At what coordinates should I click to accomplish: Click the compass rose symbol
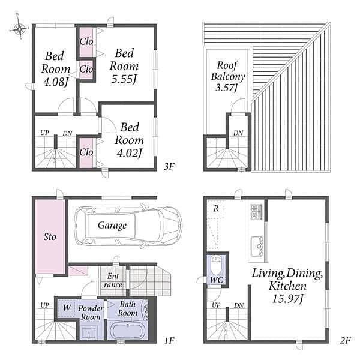(x=19, y=28)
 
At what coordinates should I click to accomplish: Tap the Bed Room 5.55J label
(x=124, y=66)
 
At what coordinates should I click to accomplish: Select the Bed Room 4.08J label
(x=56, y=69)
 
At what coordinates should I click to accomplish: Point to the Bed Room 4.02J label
(x=130, y=140)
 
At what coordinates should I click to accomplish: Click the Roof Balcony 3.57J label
(x=228, y=76)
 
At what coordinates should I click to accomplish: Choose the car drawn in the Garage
(x=128, y=226)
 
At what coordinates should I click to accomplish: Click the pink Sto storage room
(x=50, y=236)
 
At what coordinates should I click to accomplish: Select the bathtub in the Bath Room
(x=127, y=331)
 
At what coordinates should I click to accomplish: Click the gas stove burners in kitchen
(x=256, y=211)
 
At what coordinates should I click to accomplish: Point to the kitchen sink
(x=257, y=247)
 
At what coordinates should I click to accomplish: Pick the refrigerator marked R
(x=216, y=208)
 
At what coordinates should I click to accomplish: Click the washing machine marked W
(x=67, y=308)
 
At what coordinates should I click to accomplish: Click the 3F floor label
(x=169, y=166)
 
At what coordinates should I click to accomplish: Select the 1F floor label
(x=169, y=341)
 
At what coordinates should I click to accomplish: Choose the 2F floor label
(x=346, y=340)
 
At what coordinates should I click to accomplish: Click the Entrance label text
(x=113, y=280)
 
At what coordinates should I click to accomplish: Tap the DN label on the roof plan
(x=238, y=133)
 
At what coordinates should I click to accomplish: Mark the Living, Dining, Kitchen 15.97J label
(x=287, y=286)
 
